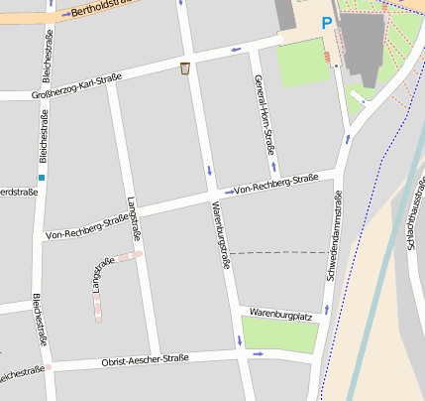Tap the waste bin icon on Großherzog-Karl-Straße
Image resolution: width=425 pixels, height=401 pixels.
(x=185, y=68)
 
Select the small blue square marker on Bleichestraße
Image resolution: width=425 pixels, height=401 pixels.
(x=41, y=178)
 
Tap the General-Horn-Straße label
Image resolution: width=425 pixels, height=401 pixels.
(x=263, y=115)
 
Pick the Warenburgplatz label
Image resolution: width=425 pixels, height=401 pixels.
(x=281, y=313)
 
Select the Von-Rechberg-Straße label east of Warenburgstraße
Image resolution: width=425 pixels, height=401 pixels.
(x=275, y=184)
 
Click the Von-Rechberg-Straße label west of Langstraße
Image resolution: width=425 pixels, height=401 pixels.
(x=87, y=227)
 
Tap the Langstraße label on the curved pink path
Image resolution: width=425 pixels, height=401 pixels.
(x=99, y=275)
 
